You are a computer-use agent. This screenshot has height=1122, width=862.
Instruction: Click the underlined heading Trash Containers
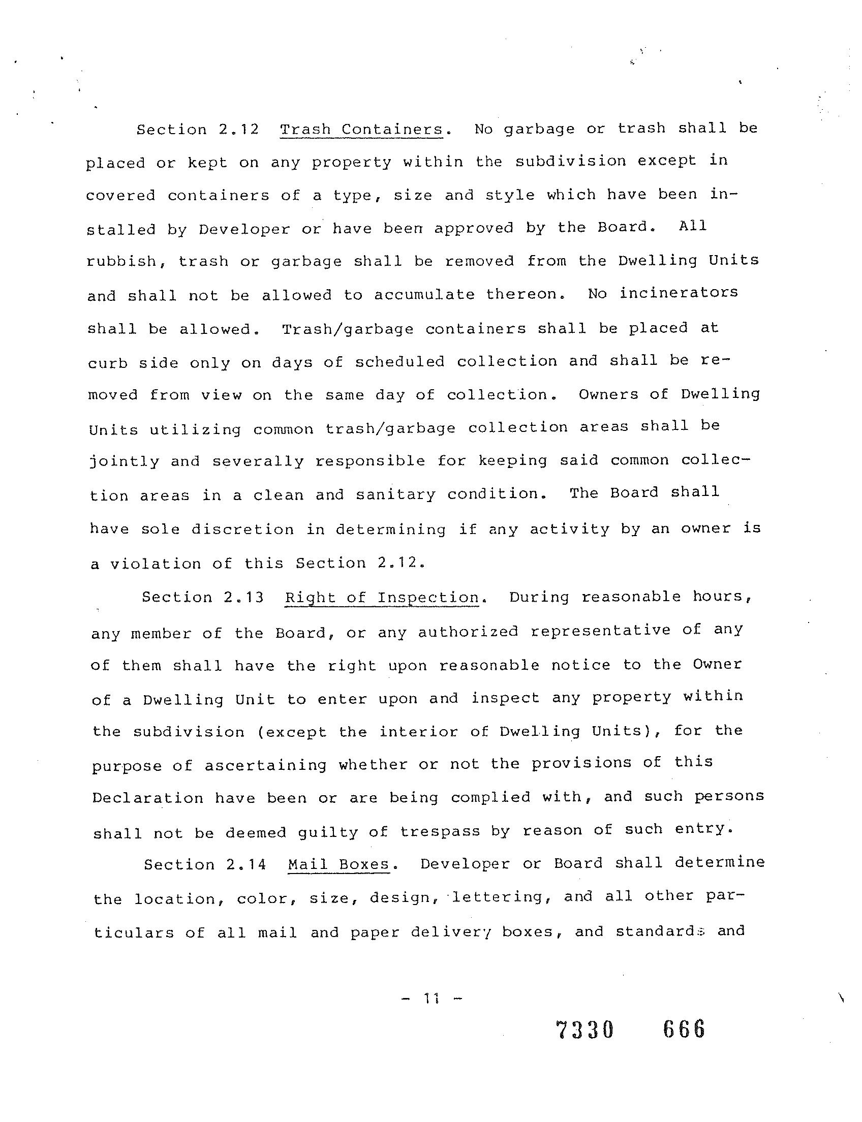pyautogui.click(x=361, y=129)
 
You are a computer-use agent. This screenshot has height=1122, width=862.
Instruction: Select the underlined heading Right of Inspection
pyautogui.click(x=382, y=598)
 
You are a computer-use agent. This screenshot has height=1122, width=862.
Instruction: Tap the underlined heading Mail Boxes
pyautogui.click(x=338, y=864)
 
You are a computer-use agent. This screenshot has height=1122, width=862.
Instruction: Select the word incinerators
pyautogui.click(x=679, y=293)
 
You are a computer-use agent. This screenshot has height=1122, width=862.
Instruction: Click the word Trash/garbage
pyautogui.click(x=348, y=328)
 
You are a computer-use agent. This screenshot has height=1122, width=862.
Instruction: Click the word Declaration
pyautogui.click(x=148, y=798)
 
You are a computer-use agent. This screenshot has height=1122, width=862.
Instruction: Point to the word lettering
pyautogui.click(x=498, y=897)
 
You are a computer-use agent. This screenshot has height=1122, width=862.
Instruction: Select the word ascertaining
pyautogui.click(x=265, y=765)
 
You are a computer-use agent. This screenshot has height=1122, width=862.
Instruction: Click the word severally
pyautogui.click(x=258, y=461)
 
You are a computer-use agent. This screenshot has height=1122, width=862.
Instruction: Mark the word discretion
pyautogui.click(x=243, y=529)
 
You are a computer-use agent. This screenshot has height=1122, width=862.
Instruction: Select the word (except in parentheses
pyautogui.click(x=292, y=732)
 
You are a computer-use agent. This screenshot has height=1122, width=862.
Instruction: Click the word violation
pyautogui.click(x=156, y=564)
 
